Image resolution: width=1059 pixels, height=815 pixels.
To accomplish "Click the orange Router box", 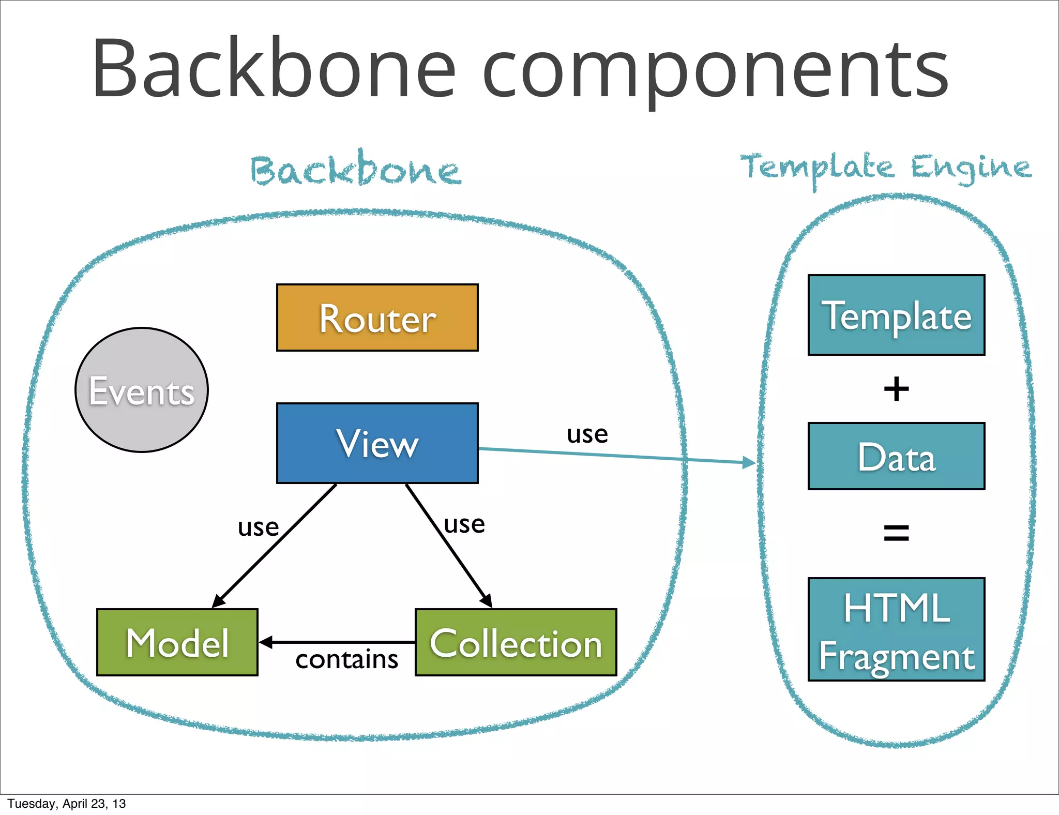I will [377, 318].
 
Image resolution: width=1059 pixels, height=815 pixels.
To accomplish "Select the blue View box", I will [377, 443].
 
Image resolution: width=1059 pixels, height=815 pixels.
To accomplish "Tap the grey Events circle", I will [141, 390].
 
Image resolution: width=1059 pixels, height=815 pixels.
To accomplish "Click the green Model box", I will [177, 642].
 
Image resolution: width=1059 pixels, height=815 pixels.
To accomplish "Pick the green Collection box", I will [516, 642].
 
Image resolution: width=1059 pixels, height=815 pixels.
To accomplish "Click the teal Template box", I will [896, 315].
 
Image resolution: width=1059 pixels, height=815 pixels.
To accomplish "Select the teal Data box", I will [896, 456].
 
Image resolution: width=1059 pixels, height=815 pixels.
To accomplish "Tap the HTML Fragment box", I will [896, 629].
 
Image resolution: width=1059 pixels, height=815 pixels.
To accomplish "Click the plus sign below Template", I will [896, 389].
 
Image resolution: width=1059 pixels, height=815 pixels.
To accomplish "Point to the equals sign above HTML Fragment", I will [896, 533].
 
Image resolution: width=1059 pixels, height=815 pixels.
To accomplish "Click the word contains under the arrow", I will [346, 660].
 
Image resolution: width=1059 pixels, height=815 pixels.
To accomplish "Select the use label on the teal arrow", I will [587, 434].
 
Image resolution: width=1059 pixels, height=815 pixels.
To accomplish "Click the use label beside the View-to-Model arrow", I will [258, 528].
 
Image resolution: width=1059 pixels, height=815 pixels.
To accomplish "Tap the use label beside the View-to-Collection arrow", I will [464, 525].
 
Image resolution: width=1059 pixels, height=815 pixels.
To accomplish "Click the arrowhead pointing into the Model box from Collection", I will [265, 642].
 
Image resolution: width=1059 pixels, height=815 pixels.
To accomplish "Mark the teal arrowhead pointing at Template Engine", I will [749, 462].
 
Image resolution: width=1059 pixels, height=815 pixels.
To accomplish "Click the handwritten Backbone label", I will [356, 170].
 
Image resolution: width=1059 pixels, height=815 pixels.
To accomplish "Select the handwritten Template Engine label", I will [885, 168].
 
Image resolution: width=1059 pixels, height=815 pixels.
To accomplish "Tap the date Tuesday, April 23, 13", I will [66, 804].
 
